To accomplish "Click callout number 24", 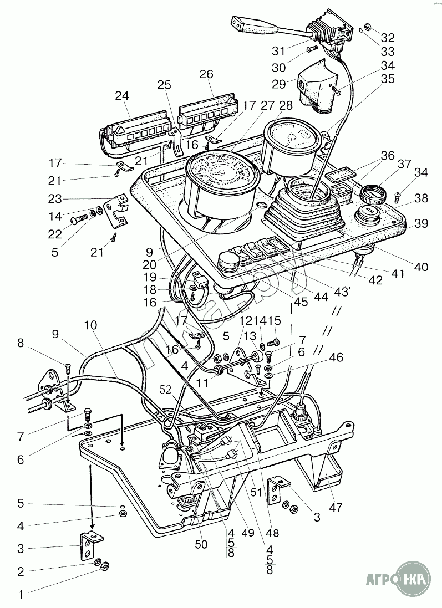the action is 122,96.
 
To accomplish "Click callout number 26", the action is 206,74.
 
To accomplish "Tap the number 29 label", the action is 279,84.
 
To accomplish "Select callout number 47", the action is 336,507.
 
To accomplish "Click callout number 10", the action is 90,325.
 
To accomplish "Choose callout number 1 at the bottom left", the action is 21,595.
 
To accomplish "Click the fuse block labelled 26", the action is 207,114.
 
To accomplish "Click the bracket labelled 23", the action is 116,211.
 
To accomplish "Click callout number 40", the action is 421,267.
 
